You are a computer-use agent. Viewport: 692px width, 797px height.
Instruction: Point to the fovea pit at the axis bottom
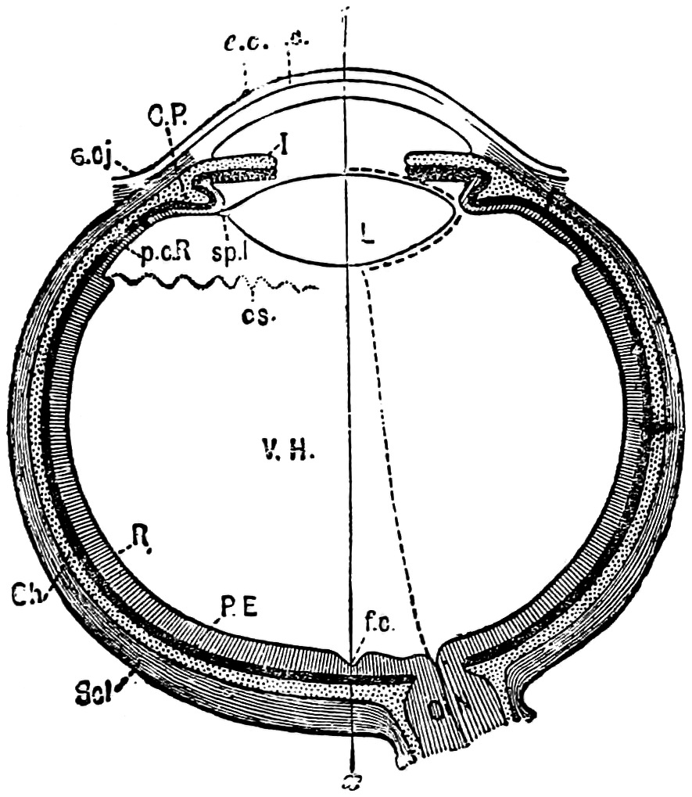pos(353,663)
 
